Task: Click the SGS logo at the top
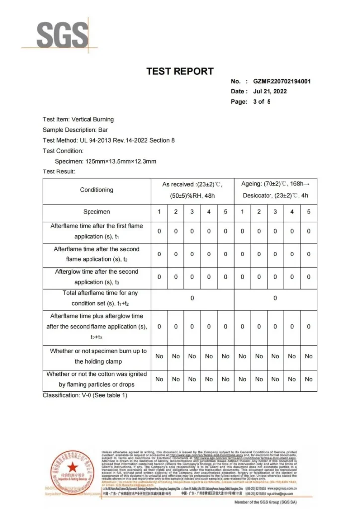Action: click(x=63, y=35)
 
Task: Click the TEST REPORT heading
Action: click(x=180, y=71)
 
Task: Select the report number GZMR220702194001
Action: click(x=282, y=81)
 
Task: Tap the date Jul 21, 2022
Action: click(x=270, y=91)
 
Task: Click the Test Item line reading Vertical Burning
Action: click(x=78, y=119)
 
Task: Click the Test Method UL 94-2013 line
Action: click(x=108, y=140)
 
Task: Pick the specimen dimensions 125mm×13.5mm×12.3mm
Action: click(x=105, y=161)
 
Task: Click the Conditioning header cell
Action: click(x=96, y=190)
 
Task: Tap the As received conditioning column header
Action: click(x=192, y=190)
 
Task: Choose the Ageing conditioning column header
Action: click(x=275, y=190)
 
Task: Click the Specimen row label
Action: click(x=96, y=212)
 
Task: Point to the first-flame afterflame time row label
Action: click(x=96, y=231)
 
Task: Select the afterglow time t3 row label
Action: click(x=96, y=277)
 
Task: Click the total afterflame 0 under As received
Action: click(x=192, y=298)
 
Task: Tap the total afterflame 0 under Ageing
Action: click(x=275, y=298)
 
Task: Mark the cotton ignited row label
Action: click(x=96, y=379)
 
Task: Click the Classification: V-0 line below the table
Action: click(x=85, y=395)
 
